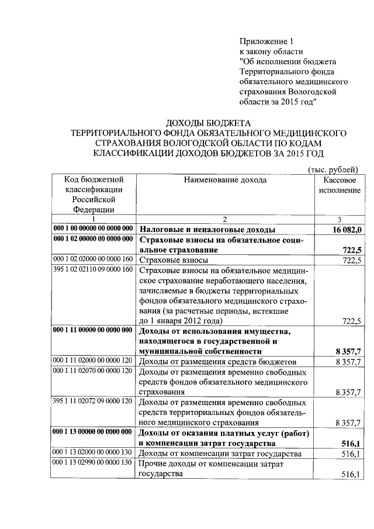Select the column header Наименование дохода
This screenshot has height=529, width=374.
click(225, 180)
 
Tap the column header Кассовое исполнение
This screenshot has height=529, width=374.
click(341, 185)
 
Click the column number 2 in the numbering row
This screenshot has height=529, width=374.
click(224, 219)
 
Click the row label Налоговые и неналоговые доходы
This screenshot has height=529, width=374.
click(207, 230)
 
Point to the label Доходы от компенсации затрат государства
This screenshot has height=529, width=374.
click(219, 454)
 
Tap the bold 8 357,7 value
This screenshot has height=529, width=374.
click(349, 352)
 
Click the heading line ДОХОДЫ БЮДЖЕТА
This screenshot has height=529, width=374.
click(208, 123)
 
